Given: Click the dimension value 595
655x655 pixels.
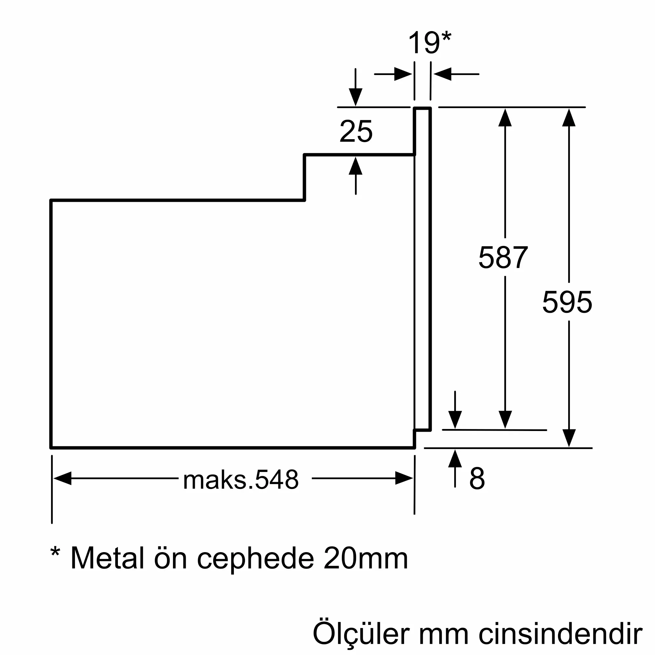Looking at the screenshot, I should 567,302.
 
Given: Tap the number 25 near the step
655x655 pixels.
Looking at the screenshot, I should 356,131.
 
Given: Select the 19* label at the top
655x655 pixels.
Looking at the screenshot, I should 429,43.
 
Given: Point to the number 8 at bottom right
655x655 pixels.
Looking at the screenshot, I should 477,478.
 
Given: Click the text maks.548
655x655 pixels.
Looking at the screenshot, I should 241,480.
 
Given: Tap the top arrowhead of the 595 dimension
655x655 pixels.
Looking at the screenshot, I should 569,118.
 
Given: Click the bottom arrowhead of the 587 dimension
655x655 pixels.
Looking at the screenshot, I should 505,420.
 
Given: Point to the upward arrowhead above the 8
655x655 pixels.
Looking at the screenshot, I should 455,459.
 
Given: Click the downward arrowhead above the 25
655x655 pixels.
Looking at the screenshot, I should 355,97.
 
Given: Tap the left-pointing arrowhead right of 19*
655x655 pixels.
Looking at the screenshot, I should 442,74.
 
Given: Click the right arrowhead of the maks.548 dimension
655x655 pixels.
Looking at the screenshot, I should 404,478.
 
